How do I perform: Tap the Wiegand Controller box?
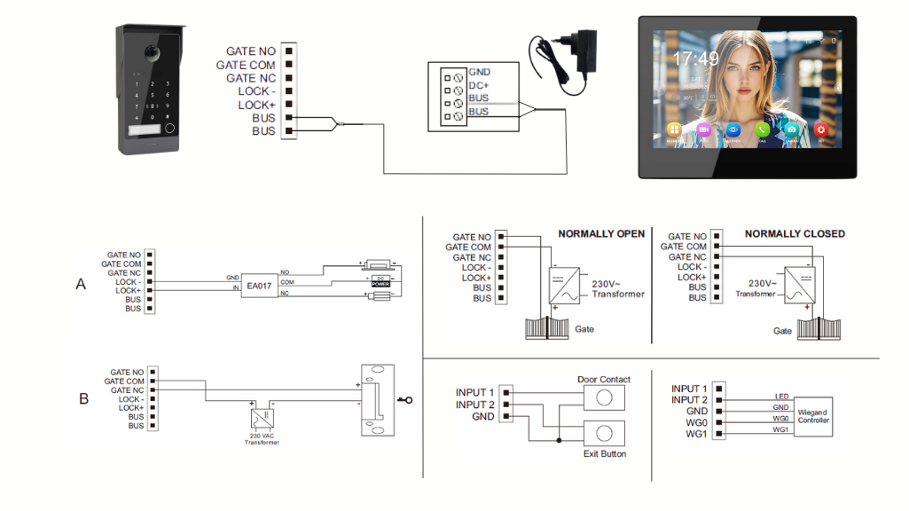[x=813, y=415]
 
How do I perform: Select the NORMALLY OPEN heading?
[x=601, y=233]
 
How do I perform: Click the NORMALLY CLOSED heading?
[x=795, y=233]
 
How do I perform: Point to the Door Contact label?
[x=604, y=380]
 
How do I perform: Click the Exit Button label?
[x=604, y=454]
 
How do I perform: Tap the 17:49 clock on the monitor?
[x=695, y=59]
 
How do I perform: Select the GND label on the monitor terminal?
[x=479, y=72]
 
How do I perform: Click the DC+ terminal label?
[x=479, y=85]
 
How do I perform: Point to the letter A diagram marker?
[x=82, y=284]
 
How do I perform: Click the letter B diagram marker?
[x=83, y=399]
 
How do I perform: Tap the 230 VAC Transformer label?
[x=262, y=439]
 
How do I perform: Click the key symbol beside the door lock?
[x=405, y=400]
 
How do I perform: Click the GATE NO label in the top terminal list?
[x=251, y=51]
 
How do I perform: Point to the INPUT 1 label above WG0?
[x=689, y=389]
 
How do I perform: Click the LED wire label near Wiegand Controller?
[x=781, y=397]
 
